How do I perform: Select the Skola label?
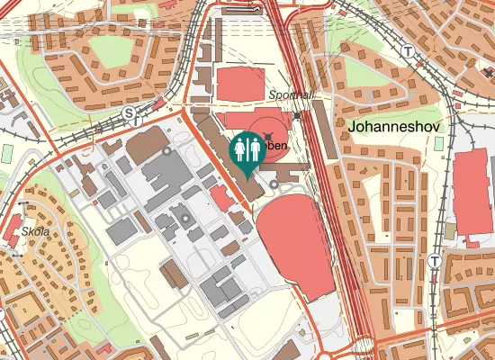click(x=36, y=231)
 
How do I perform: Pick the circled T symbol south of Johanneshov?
click(x=435, y=260)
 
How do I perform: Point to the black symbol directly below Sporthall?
click(x=296, y=115)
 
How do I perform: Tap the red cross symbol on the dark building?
click(x=266, y=134)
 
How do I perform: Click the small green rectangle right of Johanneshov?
click(x=449, y=230)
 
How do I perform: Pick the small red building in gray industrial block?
click(x=220, y=198)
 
